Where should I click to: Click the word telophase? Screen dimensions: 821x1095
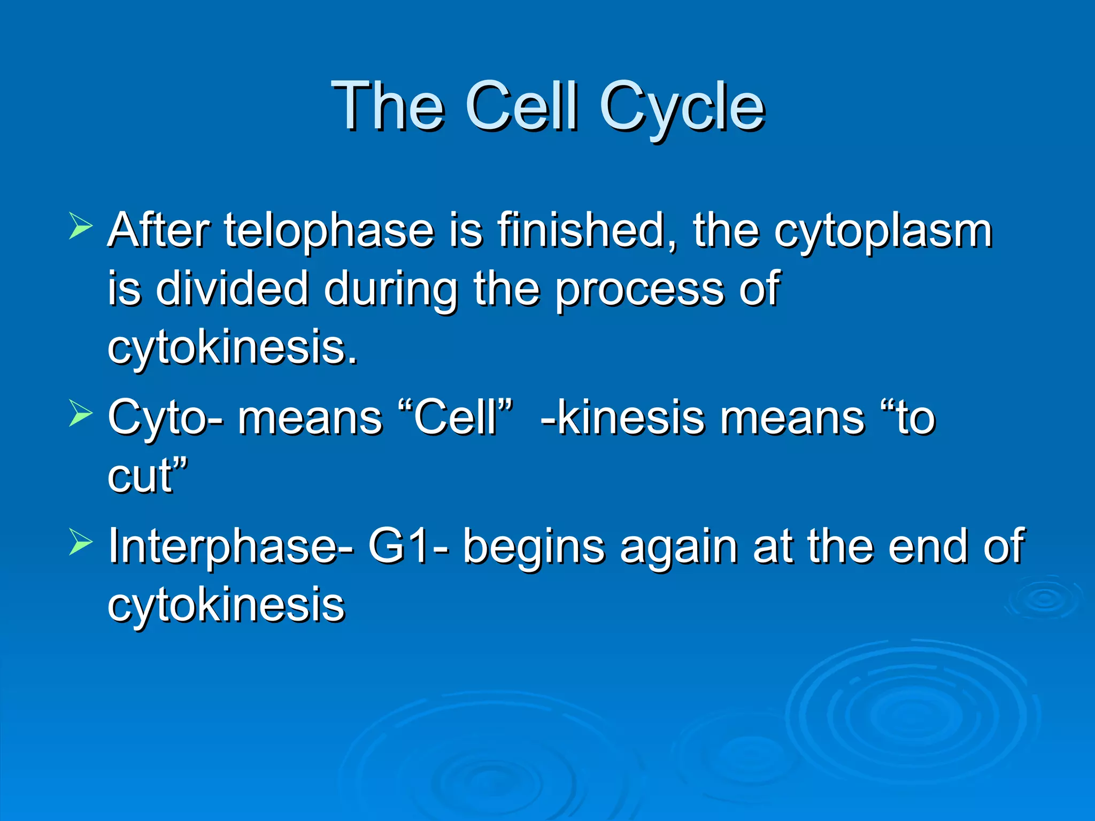[328, 231]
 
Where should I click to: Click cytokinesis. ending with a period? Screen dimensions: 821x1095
[232, 347]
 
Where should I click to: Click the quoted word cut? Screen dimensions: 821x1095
[147, 475]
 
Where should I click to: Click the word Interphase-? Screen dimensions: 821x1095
[230, 547]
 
